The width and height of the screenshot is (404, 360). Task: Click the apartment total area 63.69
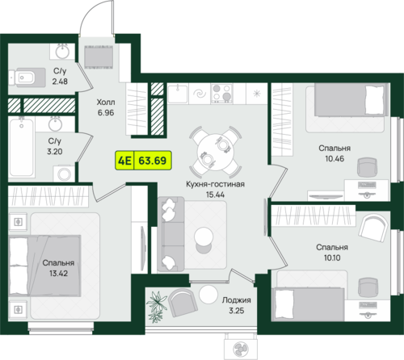point(153,161)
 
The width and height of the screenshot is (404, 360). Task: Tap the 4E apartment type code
point(124,161)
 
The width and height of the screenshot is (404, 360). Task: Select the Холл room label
point(106,103)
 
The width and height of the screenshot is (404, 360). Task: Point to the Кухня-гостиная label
point(215,184)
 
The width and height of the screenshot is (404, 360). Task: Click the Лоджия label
point(237,300)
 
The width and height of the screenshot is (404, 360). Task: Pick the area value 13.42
point(58,274)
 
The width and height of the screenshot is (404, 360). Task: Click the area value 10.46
point(335,158)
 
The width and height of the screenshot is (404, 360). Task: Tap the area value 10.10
point(332,257)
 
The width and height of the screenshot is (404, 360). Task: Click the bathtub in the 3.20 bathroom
point(22,148)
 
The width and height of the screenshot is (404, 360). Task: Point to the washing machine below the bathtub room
point(64,174)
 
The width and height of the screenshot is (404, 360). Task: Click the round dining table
point(216,152)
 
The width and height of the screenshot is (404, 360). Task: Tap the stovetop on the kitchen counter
point(221,94)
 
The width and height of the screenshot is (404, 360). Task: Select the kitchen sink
point(178,93)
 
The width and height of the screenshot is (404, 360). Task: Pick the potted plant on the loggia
point(157,307)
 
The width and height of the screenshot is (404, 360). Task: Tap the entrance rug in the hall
point(99,57)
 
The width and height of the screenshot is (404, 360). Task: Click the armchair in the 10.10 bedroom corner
point(373,229)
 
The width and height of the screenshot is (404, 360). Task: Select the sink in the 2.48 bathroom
point(62,51)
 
